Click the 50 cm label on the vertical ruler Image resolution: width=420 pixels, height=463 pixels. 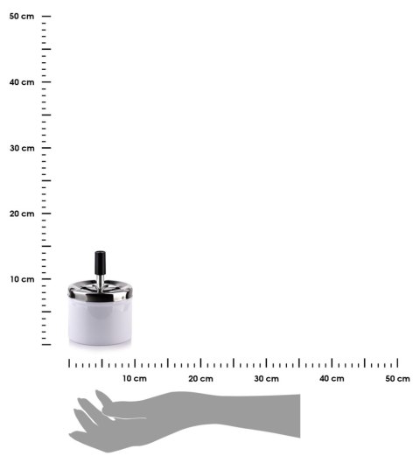(22, 17)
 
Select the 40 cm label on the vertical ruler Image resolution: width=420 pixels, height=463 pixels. (22, 82)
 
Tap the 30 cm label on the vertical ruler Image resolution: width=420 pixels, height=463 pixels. (22, 148)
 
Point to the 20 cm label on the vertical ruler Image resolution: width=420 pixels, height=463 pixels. (22, 214)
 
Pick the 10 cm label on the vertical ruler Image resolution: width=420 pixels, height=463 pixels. (23, 279)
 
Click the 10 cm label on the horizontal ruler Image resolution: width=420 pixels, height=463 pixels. (135, 378)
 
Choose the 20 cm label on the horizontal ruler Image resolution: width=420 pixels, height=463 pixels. (200, 378)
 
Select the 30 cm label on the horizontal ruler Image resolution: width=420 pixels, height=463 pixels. (267, 378)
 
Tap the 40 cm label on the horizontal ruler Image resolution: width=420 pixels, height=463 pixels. (332, 378)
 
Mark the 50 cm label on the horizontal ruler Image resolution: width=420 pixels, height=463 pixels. (397, 378)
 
